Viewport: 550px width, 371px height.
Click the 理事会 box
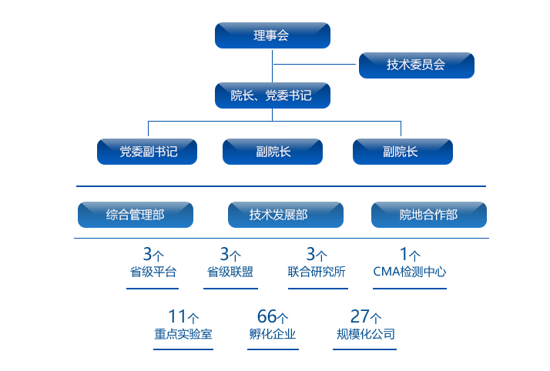(272, 35)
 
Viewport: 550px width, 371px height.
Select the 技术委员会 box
(416, 65)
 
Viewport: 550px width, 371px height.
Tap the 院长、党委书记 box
(272, 95)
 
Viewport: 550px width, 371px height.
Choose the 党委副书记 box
(147, 152)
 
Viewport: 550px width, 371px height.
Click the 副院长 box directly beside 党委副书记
(273, 152)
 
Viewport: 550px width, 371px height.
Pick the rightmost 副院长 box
(402, 152)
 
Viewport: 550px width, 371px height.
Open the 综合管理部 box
(135, 215)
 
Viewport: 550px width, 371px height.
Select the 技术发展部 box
(285, 215)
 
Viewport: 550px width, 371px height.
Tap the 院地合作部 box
(428, 215)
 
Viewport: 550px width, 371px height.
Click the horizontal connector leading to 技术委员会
(316, 64)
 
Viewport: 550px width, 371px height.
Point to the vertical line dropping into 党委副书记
(148, 129)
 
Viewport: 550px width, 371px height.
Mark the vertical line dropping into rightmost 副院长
(401, 129)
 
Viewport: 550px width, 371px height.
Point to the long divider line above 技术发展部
(280, 186)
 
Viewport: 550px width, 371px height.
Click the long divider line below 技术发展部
(280, 238)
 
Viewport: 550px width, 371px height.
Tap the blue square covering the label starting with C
(412, 262)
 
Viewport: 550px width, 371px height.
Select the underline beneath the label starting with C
(409, 289)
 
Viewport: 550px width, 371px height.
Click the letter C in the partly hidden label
(377, 272)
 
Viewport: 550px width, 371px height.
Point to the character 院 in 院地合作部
(405, 215)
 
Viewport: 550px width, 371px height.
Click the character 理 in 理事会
(260, 35)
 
